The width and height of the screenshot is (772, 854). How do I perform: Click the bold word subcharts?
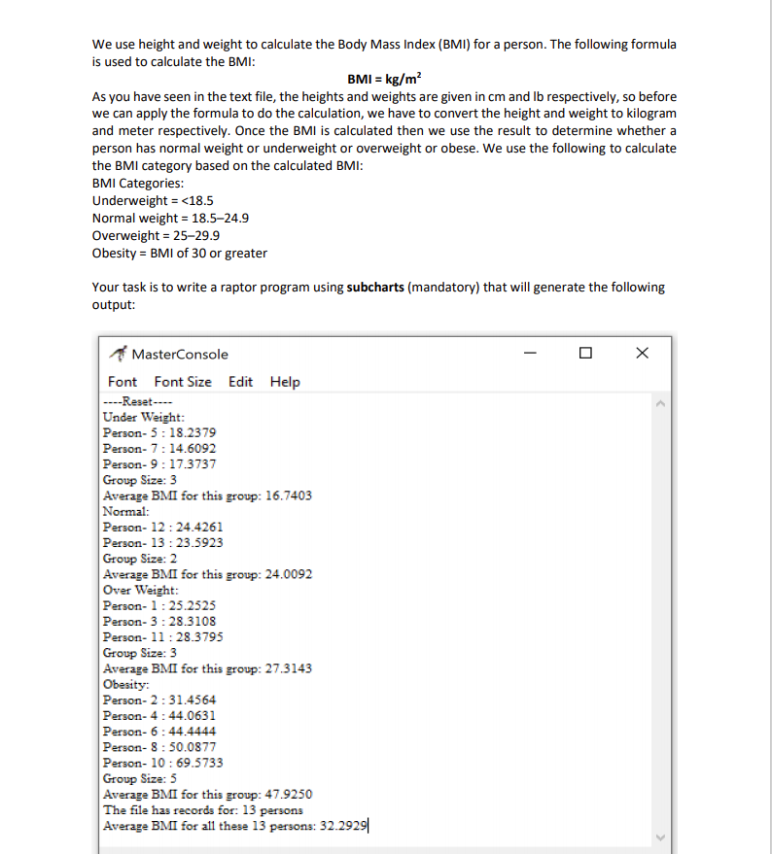pyautogui.click(x=383, y=288)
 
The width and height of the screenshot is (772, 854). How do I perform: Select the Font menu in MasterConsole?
pyautogui.click(x=123, y=382)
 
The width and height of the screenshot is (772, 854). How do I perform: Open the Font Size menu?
pyautogui.click(x=183, y=382)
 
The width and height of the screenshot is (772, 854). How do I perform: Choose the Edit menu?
pyautogui.click(x=241, y=382)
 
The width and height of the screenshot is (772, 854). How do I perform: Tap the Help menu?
pyautogui.click(x=285, y=382)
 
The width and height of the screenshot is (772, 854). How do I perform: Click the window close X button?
pyautogui.click(x=641, y=354)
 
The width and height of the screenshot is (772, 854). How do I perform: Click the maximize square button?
pyautogui.click(x=584, y=354)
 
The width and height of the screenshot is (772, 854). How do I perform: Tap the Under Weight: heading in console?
pyautogui.click(x=137, y=417)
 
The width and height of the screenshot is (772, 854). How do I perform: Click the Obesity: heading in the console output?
pyautogui.click(x=125, y=684)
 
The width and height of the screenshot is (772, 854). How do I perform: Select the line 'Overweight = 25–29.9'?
pyautogui.click(x=156, y=236)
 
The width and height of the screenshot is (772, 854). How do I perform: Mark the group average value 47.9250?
pyautogui.click(x=288, y=794)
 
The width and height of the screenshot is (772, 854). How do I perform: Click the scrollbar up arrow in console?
pyautogui.click(x=663, y=402)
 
